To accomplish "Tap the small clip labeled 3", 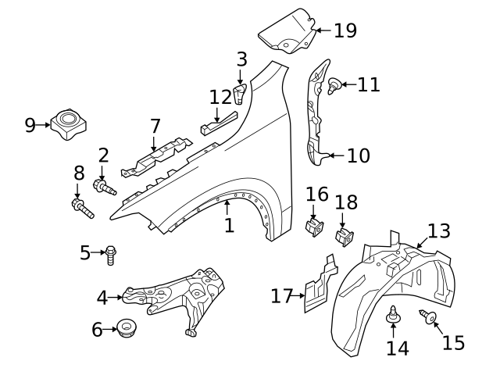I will click(x=241, y=95).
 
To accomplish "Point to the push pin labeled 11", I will click(x=335, y=86).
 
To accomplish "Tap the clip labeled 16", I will click(x=314, y=228).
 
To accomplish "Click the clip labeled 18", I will click(x=341, y=236).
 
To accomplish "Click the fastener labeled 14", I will click(x=394, y=317).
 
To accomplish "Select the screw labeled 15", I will click(x=428, y=316).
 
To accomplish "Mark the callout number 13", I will click(x=439, y=230).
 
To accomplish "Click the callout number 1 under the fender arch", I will click(x=228, y=226).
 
